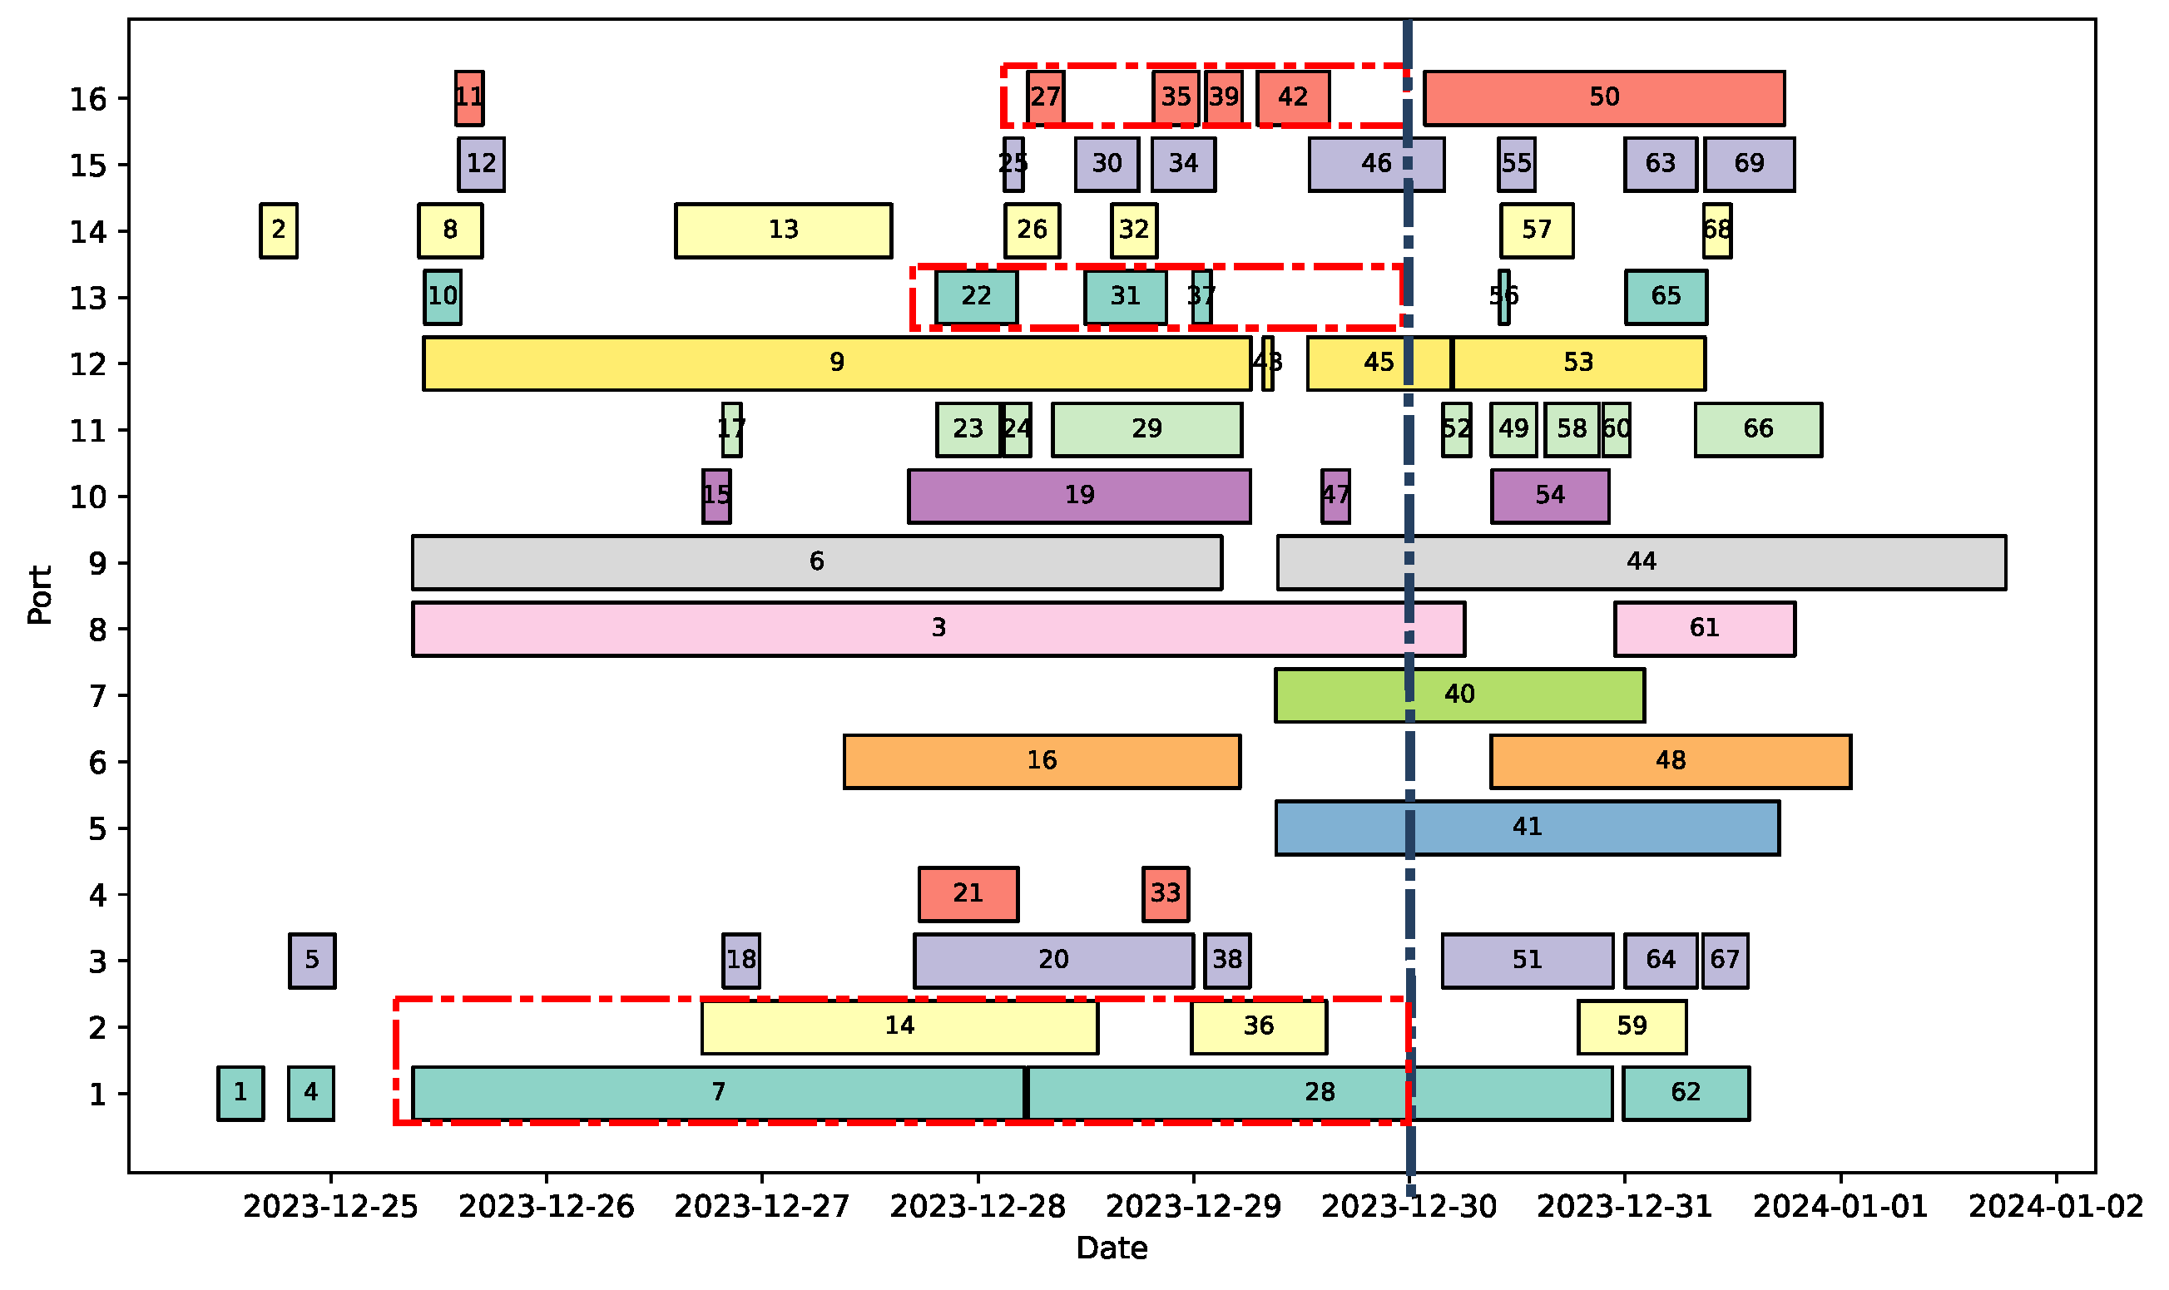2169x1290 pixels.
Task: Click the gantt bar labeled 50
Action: pyautogui.click(x=1604, y=98)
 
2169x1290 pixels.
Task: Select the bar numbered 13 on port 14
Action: pyautogui.click(x=782, y=231)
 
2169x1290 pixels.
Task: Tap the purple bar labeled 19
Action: pyautogui.click(x=1079, y=497)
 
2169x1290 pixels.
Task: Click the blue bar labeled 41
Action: pyautogui.click(x=1527, y=828)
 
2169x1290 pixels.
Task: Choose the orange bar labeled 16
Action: pyautogui.click(x=1042, y=763)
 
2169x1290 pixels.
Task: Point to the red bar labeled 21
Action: pyautogui.click(x=968, y=894)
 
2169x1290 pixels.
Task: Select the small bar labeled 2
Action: pyautogui.click(x=278, y=231)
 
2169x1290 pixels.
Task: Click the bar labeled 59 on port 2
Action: pyautogui.click(x=1632, y=1027)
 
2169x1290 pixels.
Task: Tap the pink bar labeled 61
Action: pyautogui.click(x=1704, y=630)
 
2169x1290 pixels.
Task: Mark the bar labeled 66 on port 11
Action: pyautogui.click(x=1758, y=430)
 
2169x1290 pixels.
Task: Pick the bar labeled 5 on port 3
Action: pyautogui.click(x=312, y=961)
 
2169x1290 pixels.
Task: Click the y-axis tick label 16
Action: pyautogui.click(x=88, y=99)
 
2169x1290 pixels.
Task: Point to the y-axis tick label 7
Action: pyautogui.click(x=97, y=696)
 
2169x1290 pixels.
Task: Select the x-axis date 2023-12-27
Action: pyautogui.click(x=761, y=1208)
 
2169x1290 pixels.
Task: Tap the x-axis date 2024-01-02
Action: pyautogui.click(x=2056, y=1208)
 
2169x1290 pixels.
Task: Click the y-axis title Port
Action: pyautogui.click(x=40, y=596)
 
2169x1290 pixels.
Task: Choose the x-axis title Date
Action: pyautogui.click(x=1111, y=1249)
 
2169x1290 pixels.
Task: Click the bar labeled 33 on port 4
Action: pyautogui.click(x=1165, y=894)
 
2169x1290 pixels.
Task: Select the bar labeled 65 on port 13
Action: pyautogui.click(x=1666, y=297)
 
